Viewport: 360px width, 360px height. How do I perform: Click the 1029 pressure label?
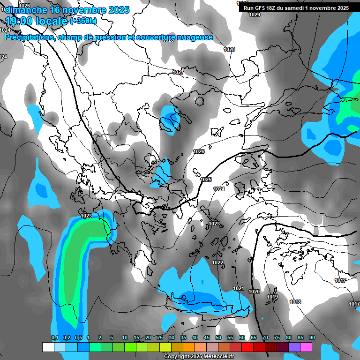click(255, 15)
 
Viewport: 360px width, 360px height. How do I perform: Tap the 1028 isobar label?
click(229, 49)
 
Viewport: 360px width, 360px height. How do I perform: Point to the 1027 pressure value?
click(178, 72)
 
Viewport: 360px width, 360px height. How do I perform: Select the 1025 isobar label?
click(206, 180)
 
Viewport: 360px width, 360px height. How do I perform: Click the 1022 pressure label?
click(217, 262)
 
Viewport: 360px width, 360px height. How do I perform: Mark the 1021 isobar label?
click(239, 288)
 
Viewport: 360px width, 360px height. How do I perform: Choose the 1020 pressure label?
click(254, 292)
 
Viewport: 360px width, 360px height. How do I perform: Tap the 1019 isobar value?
click(272, 297)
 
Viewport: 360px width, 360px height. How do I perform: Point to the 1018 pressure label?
click(295, 302)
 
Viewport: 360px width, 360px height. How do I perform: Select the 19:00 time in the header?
click(24, 21)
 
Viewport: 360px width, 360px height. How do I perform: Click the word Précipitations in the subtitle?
click(28, 37)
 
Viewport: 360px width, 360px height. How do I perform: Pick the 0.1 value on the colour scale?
click(55, 337)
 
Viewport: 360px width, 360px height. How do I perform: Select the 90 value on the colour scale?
click(312, 337)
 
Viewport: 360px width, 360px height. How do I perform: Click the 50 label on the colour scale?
click(218, 337)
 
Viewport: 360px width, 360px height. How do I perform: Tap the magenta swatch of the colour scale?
click(306, 347)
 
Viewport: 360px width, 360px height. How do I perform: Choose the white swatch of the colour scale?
click(48, 347)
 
